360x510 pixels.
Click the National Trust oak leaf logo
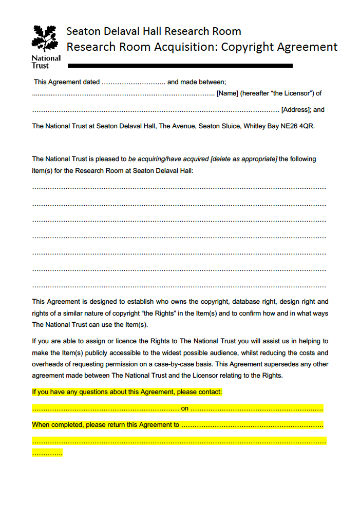coord(45,39)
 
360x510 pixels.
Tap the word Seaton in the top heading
coord(83,31)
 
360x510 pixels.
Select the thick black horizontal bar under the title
coord(180,66)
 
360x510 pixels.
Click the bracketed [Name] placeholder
coord(227,93)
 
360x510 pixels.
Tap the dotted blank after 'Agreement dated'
coord(133,82)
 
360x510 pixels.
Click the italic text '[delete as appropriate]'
coord(244,159)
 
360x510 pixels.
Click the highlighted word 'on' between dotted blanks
coord(185,409)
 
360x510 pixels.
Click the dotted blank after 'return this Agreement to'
coord(252,425)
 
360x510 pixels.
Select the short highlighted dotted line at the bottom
coord(47,453)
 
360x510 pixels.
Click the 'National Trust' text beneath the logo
coord(46,62)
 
